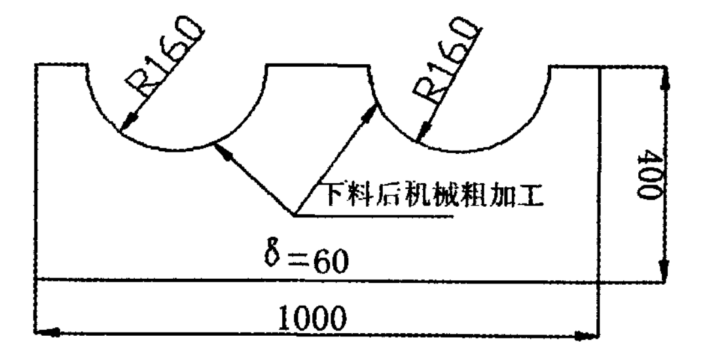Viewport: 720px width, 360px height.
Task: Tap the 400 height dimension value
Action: coord(649,173)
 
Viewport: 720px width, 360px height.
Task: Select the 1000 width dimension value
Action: coord(312,317)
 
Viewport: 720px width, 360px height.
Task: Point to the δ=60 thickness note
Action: coord(306,260)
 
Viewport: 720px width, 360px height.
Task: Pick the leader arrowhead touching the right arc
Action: coord(370,112)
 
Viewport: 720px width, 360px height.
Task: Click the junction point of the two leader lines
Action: coord(294,215)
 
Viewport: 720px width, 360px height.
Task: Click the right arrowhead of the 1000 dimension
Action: coord(587,336)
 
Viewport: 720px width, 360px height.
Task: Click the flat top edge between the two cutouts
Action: coord(319,65)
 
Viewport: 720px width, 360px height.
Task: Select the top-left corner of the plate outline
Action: coord(35,65)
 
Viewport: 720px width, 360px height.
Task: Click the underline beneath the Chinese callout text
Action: coord(373,215)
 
